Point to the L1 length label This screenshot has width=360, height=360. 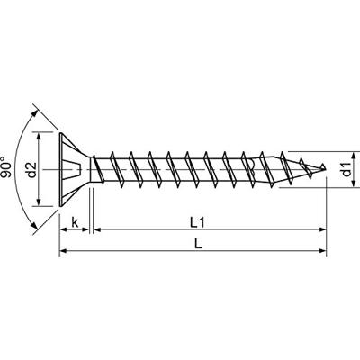(x=209, y=220)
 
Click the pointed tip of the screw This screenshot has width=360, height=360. (x=324, y=168)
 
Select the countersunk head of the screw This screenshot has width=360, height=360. (x=76, y=168)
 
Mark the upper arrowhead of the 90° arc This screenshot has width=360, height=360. (x=37, y=112)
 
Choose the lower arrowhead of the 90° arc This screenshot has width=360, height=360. (x=37, y=228)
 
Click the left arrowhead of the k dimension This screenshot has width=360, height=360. (x=63, y=231)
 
